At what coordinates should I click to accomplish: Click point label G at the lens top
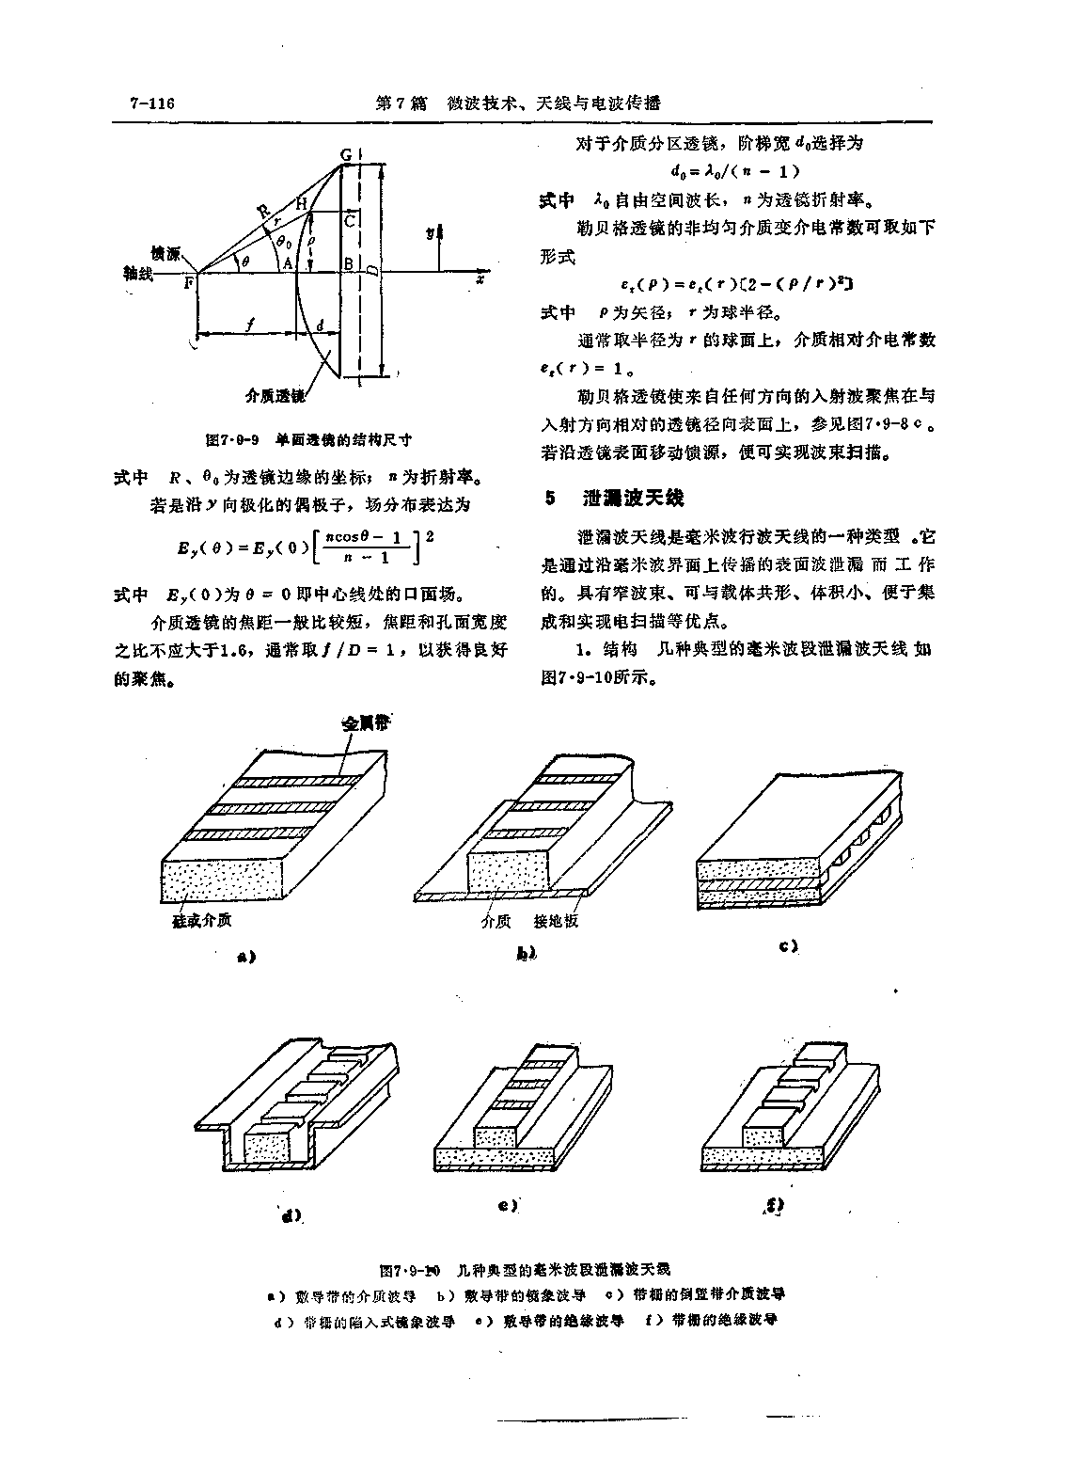coord(345,154)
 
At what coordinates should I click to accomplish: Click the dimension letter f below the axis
coord(248,325)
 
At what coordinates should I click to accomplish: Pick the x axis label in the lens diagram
coord(480,279)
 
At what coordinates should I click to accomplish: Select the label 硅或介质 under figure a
coord(201,920)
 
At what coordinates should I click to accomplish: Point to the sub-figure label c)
coord(788,945)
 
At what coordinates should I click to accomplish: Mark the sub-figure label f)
coord(776,1204)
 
